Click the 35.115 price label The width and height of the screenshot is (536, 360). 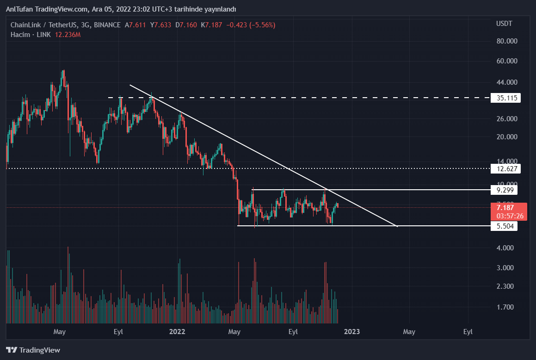click(x=506, y=98)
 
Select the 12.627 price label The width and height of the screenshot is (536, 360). click(x=506, y=168)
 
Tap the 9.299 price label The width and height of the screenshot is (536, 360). click(x=504, y=190)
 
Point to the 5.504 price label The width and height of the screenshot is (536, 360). click(x=504, y=226)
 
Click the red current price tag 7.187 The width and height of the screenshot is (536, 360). click(x=505, y=208)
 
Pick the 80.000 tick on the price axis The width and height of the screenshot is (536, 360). click(x=506, y=41)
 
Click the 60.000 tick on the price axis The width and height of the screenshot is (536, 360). click(x=506, y=61)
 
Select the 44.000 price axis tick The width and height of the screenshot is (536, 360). click(x=506, y=82)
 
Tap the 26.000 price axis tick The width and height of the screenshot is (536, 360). click(x=506, y=119)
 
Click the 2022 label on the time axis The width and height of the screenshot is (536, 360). click(x=177, y=331)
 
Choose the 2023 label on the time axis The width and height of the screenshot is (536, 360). click(x=351, y=331)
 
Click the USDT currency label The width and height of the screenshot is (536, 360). click(x=504, y=24)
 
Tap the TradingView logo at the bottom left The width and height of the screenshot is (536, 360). click(x=33, y=350)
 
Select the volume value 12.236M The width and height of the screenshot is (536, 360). click(x=68, y=35)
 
